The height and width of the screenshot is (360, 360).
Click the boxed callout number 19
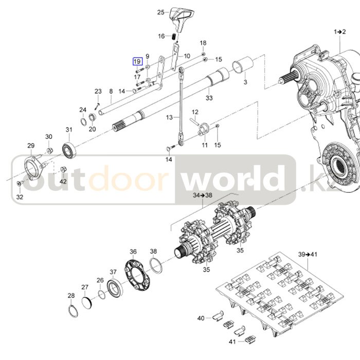(137, 62)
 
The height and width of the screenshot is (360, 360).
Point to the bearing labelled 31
(68, 149)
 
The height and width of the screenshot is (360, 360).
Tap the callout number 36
(133, 251)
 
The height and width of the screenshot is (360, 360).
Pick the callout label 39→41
(308, 254)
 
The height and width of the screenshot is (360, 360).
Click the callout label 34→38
(188, 196)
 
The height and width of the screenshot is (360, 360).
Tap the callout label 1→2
(339, 32)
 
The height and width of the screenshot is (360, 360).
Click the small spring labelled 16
(174, 38)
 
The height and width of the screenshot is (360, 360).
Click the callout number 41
(232, 341)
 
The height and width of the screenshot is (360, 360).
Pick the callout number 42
(63, 182)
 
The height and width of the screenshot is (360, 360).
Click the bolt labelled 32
(20, 184)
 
